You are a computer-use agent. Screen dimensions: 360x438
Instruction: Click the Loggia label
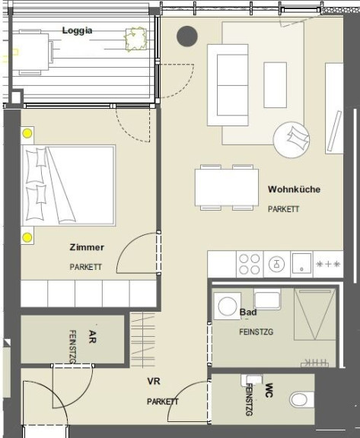pos(77,30)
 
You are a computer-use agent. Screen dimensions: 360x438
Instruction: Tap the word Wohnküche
pos(294,189)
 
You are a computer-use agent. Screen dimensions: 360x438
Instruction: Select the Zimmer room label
pos(87,247)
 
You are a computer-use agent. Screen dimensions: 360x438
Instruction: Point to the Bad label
pos(248,312)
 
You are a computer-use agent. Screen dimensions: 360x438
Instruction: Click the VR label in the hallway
pos(154,381)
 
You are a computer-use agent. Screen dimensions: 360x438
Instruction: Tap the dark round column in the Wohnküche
pos(187,36)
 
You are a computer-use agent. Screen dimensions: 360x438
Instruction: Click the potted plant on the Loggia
pos(135,39)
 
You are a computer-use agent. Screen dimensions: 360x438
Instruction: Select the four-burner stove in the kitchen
pos(250,264)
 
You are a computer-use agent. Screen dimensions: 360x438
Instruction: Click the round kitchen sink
pos(276,264)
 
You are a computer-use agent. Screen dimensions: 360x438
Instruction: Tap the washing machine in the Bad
pos(228,306)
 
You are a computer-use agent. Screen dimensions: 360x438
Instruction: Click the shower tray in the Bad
pos(315,314)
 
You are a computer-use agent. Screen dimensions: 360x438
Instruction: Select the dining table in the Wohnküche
pos(227,187)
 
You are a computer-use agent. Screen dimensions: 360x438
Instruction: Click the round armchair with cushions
pos(292,140)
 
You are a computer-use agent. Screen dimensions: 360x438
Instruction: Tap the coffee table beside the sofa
pos(276,85)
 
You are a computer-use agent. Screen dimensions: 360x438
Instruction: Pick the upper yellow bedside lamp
pos(27,134)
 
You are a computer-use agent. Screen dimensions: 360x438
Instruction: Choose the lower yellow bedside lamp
pos(27,238)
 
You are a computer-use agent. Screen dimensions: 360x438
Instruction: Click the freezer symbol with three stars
pos(328,264)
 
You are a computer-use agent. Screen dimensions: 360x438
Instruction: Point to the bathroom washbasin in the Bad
pos(267,300)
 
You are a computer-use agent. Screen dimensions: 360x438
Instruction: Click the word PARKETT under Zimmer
pos(85,267)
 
